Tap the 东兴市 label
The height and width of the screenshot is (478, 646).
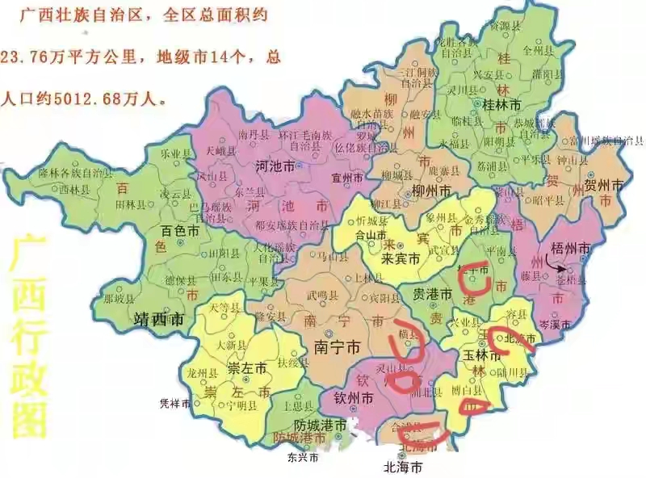(x=302, y=457)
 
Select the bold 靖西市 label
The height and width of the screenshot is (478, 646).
(x=158, y=320)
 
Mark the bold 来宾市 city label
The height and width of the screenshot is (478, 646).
(x=401, y=259)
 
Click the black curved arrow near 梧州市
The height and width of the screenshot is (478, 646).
(x=553, y=263)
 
